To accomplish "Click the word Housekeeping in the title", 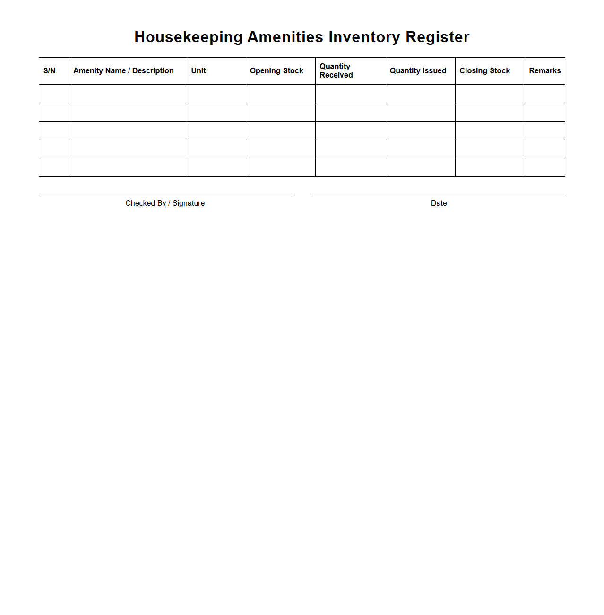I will coord(189,37).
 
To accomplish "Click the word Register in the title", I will coord(437,37).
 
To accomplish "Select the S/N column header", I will coord(50,71).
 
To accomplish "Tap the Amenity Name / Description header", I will coord(123,71).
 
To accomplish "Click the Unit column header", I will coord(198,71).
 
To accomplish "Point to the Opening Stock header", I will coord(276,71).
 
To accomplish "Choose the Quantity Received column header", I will coord(336,71).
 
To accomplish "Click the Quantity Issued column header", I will coord(418,71).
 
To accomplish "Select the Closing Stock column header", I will coord(484,71).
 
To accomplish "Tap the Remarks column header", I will coord(544,71).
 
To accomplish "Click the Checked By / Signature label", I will coord(165,203).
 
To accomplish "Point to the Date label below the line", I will coord(439,203).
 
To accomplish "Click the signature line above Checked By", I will coord(165,193).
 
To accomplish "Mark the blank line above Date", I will coord(439,193).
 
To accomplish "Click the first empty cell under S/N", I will coord(54,94).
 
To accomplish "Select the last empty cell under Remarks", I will coord(544,167).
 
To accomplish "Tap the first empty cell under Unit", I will coord(216,94).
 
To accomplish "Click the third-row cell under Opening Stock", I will coord(280,131).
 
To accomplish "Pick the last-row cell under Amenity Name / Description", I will coord(128,167).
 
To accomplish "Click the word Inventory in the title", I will coord(364,37).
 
